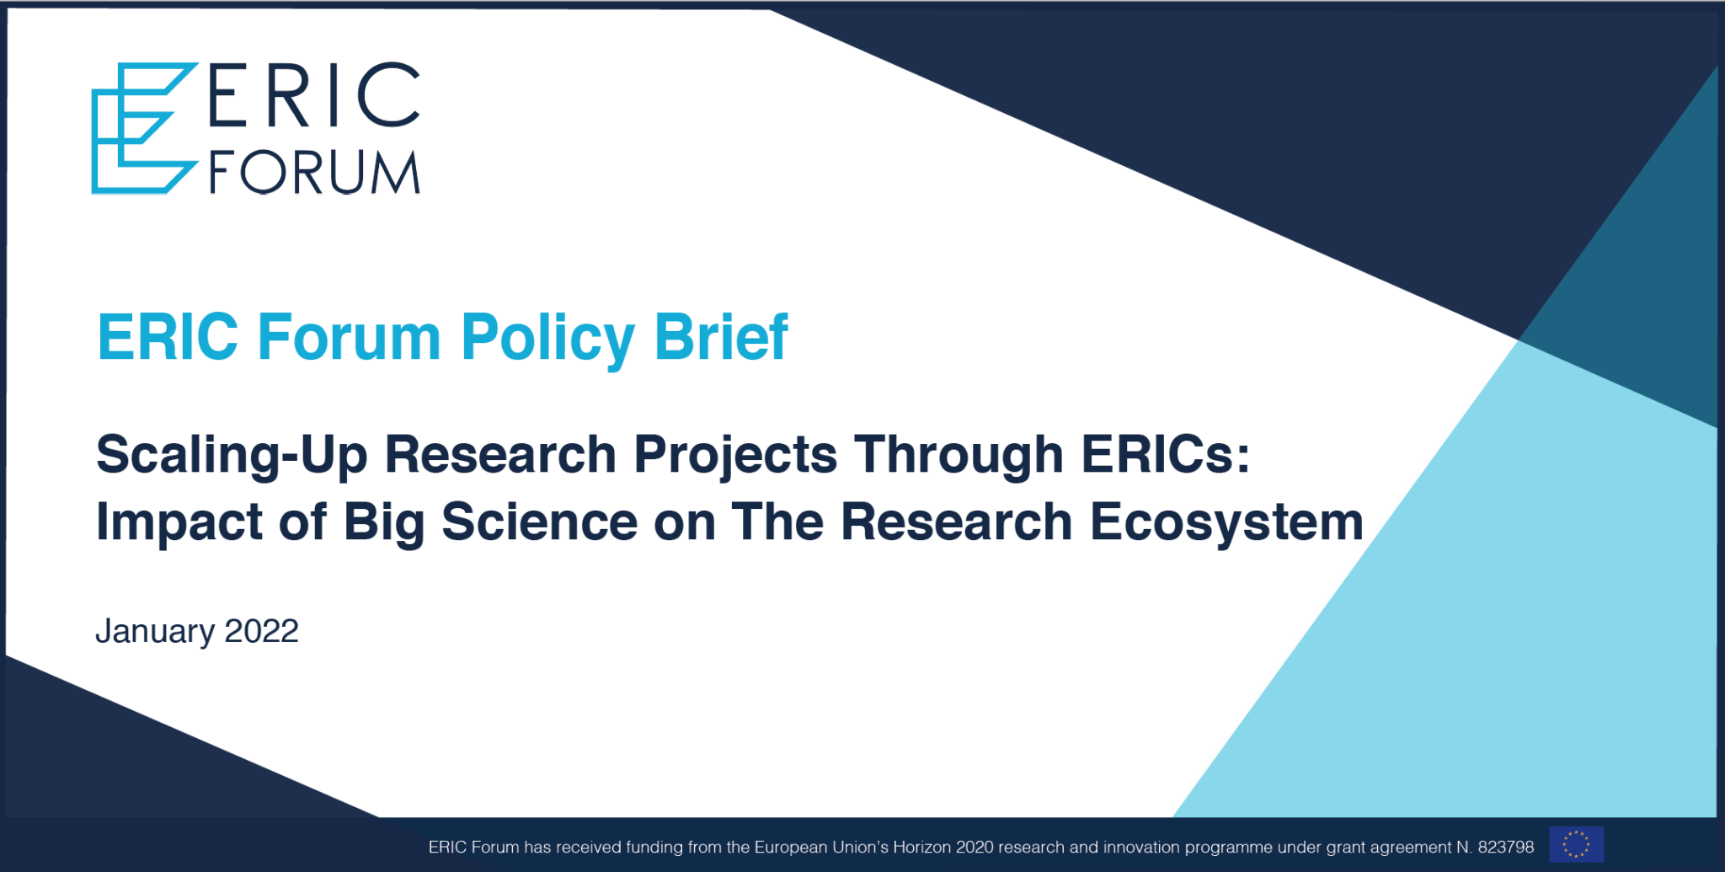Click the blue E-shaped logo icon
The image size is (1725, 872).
[142, 128]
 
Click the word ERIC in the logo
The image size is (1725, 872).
[313, 95]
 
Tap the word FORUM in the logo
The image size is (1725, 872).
[314, 173]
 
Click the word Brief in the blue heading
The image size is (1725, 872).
[721, 337]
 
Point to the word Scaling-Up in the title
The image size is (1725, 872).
[232, 455]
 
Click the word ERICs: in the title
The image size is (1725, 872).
[1166, 455]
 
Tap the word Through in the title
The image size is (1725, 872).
[959, 455]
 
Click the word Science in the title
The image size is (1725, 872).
[539, 522]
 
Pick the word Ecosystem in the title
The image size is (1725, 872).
[1226, 522]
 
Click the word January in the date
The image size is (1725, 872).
[155, 632]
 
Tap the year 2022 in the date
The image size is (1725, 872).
[261, 631]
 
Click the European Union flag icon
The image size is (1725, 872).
[1576, 845]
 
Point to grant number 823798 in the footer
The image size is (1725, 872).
[1505, 848]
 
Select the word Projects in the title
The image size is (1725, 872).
[735, 455]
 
